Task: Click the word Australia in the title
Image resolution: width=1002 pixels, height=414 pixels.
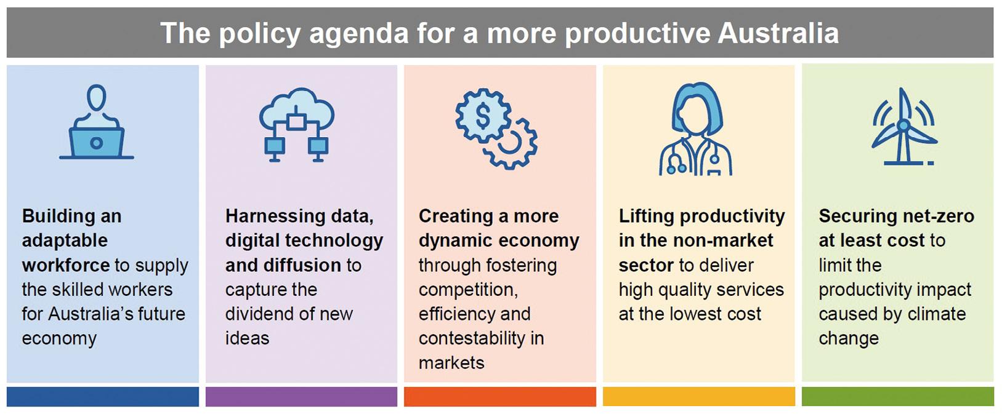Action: (x=778, y=33)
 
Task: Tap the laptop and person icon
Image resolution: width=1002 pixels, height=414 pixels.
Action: (x=97, y=121)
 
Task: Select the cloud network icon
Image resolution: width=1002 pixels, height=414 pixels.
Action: (x=296, y=125)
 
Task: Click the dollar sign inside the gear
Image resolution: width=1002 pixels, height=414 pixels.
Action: (x=483, y=116)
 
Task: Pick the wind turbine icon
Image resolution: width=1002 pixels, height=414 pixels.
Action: (x=903, y=126)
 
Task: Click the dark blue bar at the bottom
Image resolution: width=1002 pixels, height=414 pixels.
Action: (x=103, y=397)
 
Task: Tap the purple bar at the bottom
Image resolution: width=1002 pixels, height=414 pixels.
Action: (x=302, y=397)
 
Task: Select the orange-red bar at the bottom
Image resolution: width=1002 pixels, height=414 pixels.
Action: (x=500, y=397)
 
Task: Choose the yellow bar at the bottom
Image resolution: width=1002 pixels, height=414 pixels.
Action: (x=699, y=397)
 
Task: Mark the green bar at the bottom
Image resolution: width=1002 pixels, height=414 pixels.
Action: (x=898, y=397)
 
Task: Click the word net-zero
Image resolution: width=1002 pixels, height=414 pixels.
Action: (x=935, y=217)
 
